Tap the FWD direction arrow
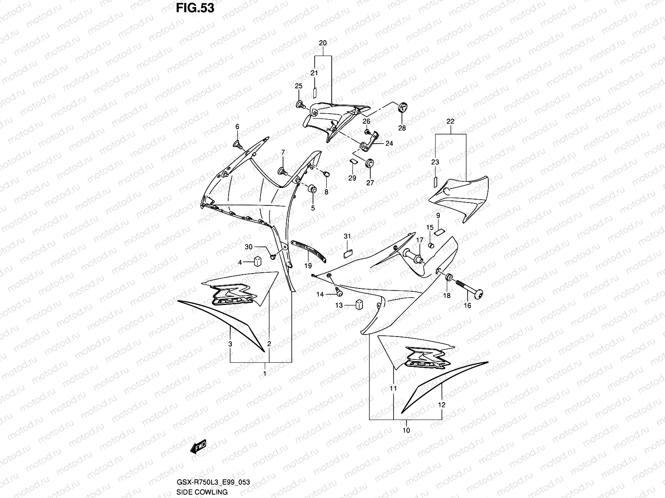point(198,447)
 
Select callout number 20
point(323,43)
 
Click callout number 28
point(402,128)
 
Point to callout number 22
point(451,122)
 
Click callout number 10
point(406,430)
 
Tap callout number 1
point(265,373)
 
